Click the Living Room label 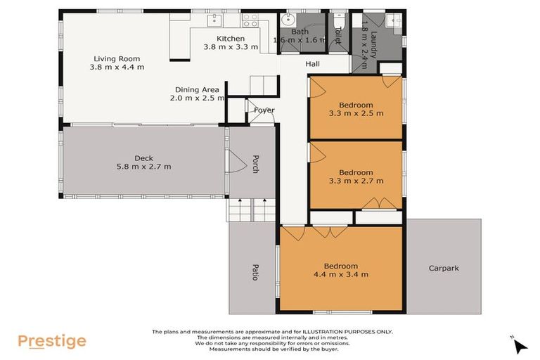click(x=117, y=58)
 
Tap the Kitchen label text click(x=231, y=39)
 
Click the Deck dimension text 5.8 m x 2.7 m click(x=143, y=167)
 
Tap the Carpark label click(x=444, y=269)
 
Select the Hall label click(x=313, y=64)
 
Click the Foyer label click(x=264, y=110)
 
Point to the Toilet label click(x=337, y=36)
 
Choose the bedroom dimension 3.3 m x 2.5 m click(x=356, y=113)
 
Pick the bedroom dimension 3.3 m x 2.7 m click(x=356, y=181)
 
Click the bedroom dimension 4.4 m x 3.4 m click(x=341, y=274)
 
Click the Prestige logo click(x=52, y=342)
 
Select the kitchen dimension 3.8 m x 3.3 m click(x=231, y=48)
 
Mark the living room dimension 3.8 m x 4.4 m click(x=117, y=67)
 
